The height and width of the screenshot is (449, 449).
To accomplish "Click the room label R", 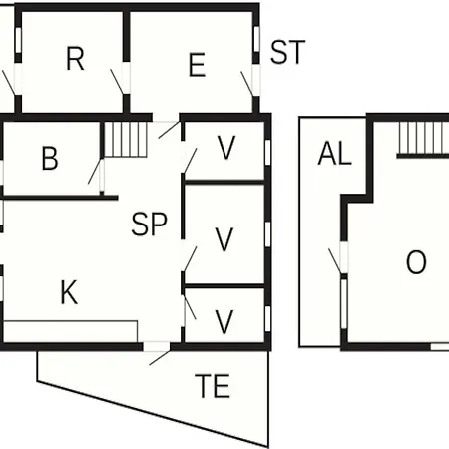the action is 75,59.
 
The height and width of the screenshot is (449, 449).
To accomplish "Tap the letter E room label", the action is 197,65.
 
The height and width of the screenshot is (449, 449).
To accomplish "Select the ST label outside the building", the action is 287,52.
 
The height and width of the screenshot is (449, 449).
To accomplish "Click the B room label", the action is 50,158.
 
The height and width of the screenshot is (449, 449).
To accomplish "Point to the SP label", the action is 149,224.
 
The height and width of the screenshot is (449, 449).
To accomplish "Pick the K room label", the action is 69,292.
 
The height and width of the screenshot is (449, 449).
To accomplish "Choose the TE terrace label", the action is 213,386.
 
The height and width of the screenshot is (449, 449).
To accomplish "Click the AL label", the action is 334,154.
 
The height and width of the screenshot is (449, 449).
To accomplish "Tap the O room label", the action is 416,262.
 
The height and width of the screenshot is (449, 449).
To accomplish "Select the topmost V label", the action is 226,148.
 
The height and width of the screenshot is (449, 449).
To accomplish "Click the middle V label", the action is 224,239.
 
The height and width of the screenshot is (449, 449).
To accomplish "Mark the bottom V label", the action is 224,321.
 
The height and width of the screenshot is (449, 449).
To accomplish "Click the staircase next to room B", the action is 126,139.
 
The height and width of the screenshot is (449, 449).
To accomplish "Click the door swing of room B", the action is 94,172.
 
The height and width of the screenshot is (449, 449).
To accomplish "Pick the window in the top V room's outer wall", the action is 267,152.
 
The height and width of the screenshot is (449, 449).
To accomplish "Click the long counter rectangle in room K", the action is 70,331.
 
